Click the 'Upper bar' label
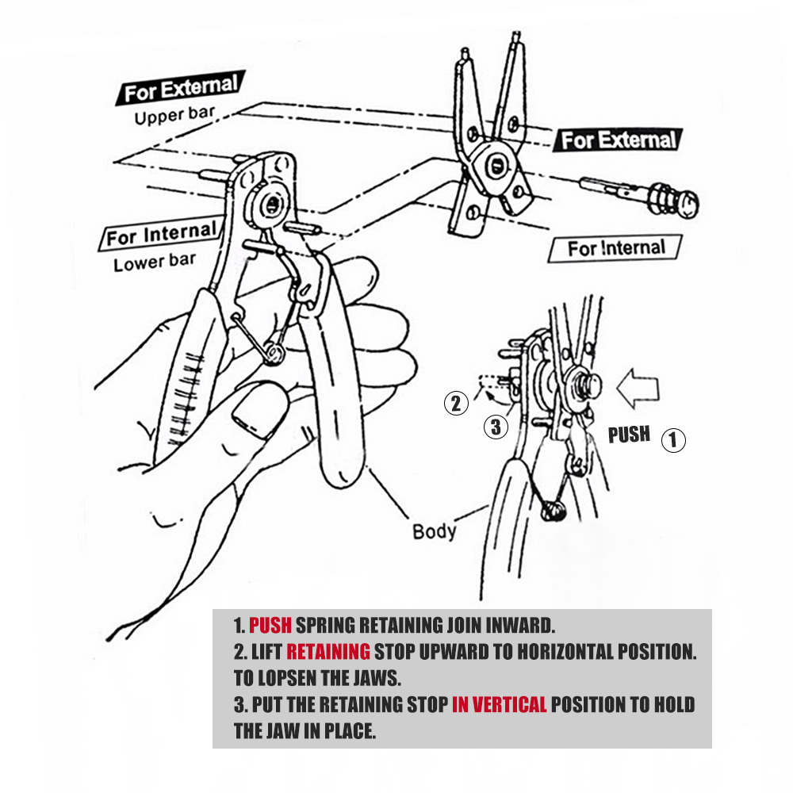[x=175, y=115]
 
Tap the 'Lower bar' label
[x=155, y=262]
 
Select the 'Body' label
[x=434, y=531]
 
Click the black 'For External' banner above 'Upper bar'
[x=181, y=88]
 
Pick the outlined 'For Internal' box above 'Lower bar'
[x=161, y=234]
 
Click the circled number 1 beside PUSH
[x=673, y=439]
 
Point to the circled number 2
[x=456, y=403]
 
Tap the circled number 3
[x=496, y=427]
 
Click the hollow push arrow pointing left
[x=638, y=389]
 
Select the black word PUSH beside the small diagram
[x=629, y=435]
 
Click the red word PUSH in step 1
[x=270, y=626]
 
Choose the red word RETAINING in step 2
[x=328, y=652]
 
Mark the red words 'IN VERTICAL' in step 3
[x=499, y=704]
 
